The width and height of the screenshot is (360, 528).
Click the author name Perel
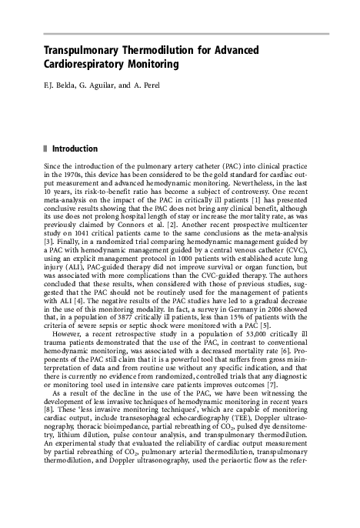click(x=148, y=84)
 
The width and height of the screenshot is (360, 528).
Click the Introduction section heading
click(x=75, y=149)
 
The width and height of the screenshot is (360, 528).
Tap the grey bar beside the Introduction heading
click(x=47, y=149)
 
